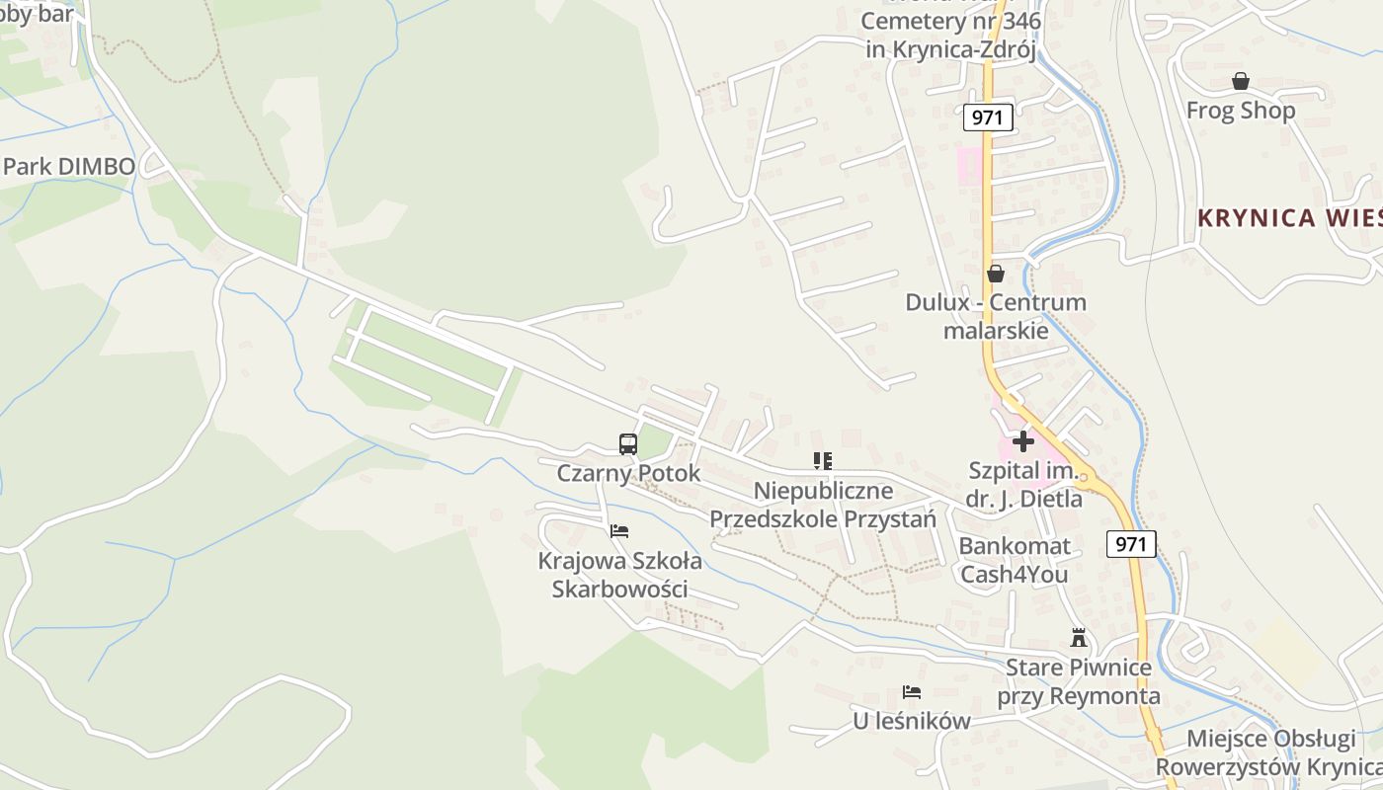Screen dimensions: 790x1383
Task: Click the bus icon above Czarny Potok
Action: tap(627, 444)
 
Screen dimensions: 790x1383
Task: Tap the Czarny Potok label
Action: tap(628, 473)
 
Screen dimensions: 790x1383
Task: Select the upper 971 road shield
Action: tap(986, 118)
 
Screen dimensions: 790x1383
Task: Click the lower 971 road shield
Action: tap(1131, 543)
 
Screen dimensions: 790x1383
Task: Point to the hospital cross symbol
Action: tap(1023, 440)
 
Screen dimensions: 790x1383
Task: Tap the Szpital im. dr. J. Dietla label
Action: tap(1023, 485)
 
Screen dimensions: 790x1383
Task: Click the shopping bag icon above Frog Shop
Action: tap(1240, 81)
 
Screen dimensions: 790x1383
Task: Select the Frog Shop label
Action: tap(1240, 111)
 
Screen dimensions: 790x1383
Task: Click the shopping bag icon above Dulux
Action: tap(995, 274)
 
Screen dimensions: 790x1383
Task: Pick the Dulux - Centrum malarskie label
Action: tap(995, 316)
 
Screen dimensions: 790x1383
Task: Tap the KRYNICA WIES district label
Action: tap(1289, 218)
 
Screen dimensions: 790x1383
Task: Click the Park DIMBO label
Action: tap(68, 166)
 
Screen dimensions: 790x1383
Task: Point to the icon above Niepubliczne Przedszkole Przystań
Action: tap(822, 461)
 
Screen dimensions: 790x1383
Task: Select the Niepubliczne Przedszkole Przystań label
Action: tap(822, 504)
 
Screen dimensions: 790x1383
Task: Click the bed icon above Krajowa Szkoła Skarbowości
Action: tap(619, 531)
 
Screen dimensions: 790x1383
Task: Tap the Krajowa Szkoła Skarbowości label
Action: tap(619, 575)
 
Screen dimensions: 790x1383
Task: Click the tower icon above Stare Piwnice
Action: tap(1078, 639)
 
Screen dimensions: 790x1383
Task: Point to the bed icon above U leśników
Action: tap(911, 693)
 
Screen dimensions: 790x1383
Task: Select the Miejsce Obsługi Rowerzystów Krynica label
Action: tap(1270, 752)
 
